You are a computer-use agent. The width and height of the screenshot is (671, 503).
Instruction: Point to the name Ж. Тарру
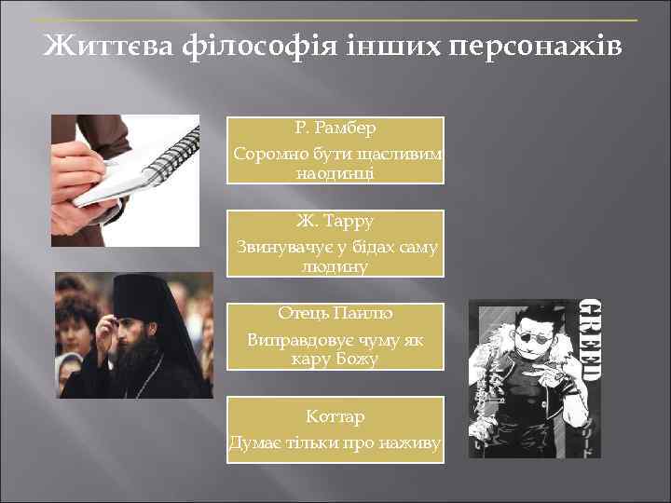[x=335, y=222]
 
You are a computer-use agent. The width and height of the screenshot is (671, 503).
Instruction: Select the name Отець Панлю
[x=335, y=314]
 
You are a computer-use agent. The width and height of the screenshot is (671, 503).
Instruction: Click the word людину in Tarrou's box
[x=335, y=266]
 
